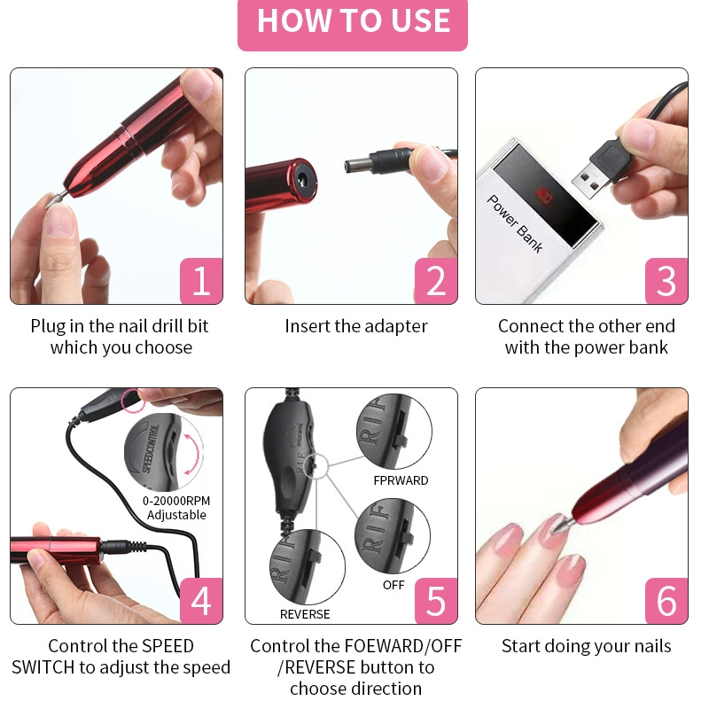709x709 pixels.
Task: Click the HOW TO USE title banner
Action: (353, 25)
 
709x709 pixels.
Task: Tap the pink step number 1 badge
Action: (201, 281)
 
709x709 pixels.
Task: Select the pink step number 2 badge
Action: (436, 281)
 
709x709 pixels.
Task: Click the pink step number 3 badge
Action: (666, 281)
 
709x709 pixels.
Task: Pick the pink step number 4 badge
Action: (201, 601)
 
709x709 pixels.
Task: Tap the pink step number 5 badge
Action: (436, 601)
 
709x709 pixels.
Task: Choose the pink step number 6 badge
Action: (666, 601)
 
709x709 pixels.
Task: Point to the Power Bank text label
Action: (515, 223)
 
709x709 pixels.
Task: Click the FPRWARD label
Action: (401, 480)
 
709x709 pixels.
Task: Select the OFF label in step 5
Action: (393, 585)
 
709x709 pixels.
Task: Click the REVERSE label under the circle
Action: (305, 614)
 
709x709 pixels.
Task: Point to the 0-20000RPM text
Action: (176, 501)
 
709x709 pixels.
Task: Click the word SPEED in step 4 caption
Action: (168, 646)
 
